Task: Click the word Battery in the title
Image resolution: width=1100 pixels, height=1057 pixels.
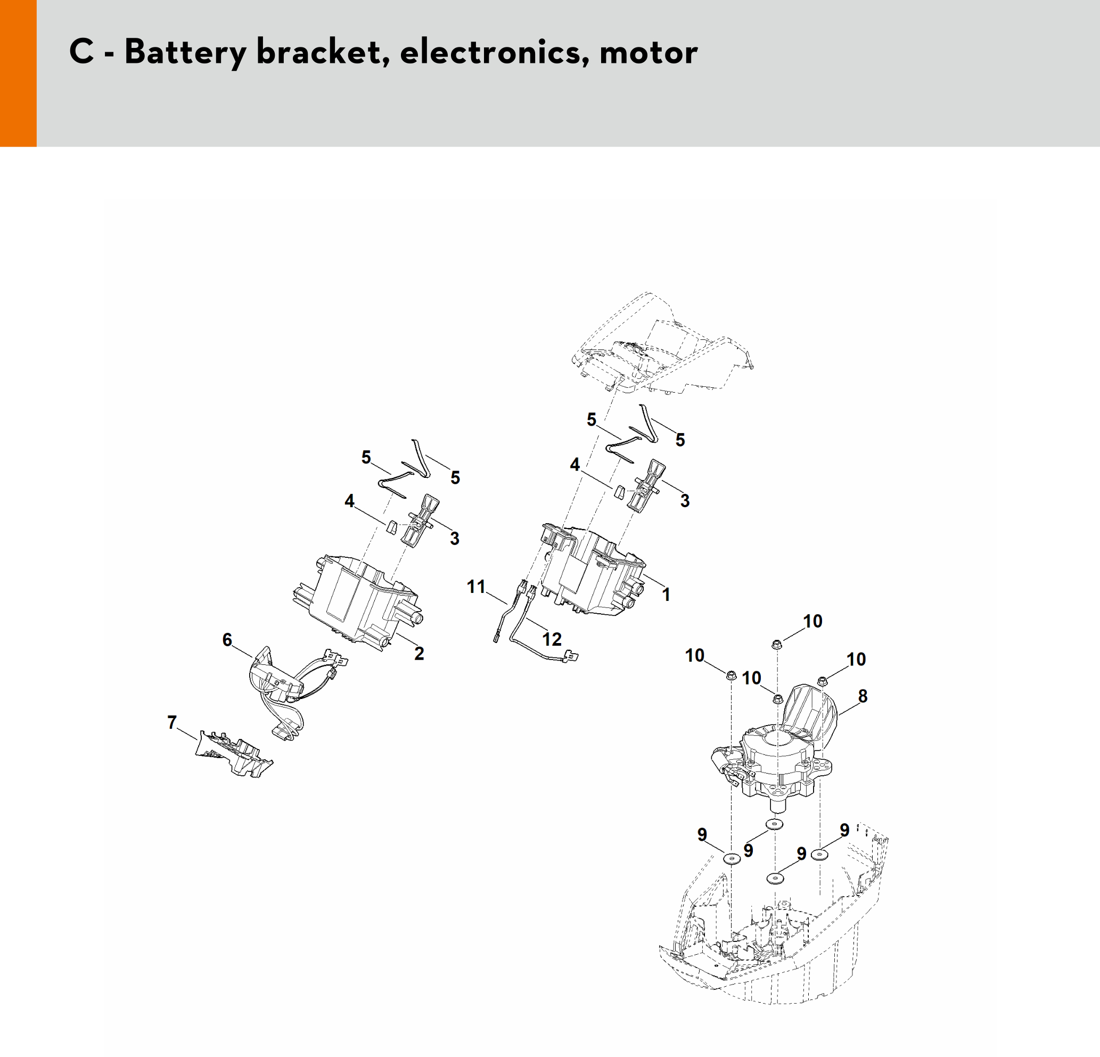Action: [185, 53]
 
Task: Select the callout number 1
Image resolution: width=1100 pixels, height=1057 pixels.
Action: [666, 594]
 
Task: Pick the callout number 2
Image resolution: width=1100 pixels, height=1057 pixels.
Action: [418, 653]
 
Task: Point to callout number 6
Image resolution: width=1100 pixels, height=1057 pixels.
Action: [227, 640]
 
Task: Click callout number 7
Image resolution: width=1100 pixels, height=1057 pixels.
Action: [172, 722]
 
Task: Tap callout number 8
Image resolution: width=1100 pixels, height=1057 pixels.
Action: [863, 696]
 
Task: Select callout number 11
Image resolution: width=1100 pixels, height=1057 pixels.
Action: [476, 587]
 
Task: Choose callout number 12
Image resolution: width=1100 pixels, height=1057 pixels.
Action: [552, 639]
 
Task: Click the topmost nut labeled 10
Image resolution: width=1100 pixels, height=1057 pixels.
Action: [777, 644]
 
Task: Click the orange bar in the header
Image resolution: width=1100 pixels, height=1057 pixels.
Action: [18, 73]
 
